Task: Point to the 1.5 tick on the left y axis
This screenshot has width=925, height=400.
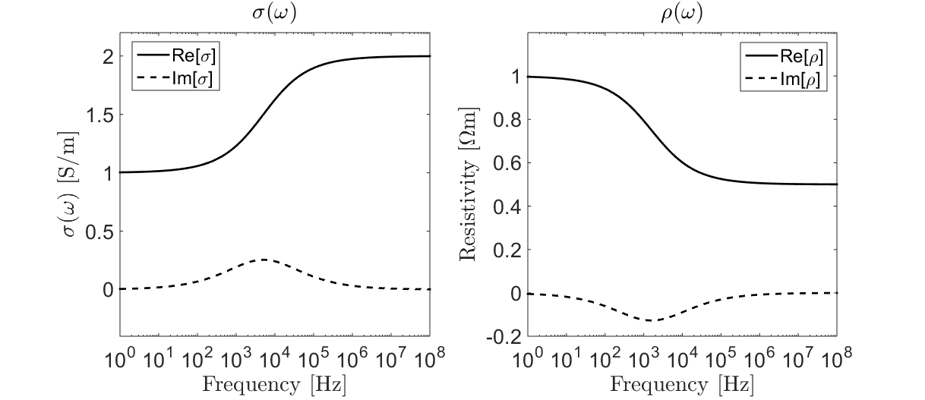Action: click(x=98, y=115)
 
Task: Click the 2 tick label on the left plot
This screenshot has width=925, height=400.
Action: click(x=107, y=56)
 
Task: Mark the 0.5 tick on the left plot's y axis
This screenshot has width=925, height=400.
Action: click(x=98, y=231)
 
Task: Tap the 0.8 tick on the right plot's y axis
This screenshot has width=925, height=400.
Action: click(x=505, y=119)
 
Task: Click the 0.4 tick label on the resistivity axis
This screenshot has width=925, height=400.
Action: click(x=505, y=206)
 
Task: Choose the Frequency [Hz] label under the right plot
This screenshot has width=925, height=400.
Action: click(x=681, y=384)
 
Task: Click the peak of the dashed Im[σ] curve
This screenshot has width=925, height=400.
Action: click(x=263, y=260)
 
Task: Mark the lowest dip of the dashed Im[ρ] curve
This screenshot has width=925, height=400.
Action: click(x=650, y=320)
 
